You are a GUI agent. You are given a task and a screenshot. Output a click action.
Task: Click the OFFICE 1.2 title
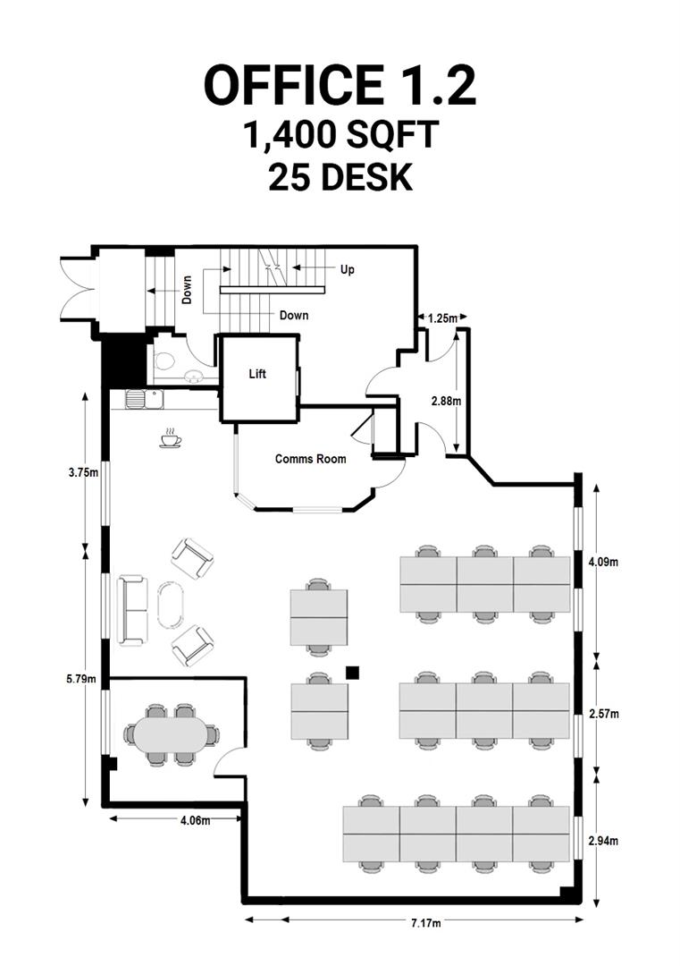point(340,86)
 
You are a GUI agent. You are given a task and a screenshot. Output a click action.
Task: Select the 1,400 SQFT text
point(340,136)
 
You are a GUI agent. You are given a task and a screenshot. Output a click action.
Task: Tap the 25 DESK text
point(340,177)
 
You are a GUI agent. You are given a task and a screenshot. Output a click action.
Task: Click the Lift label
point(257,374)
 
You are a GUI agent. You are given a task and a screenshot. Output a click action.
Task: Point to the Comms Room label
point(310,459)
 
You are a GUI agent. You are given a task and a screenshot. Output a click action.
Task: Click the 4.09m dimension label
point(603,563)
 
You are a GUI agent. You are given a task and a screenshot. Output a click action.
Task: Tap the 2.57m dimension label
point(604,714)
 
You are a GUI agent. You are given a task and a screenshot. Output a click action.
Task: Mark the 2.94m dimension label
point(604,841)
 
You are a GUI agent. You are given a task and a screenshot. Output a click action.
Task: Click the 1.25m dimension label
point(442,318)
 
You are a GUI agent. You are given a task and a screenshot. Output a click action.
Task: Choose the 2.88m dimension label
point(445,402)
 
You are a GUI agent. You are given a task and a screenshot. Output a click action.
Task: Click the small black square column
point(353,672)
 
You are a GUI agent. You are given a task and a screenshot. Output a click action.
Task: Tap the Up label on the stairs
point(347,269)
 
